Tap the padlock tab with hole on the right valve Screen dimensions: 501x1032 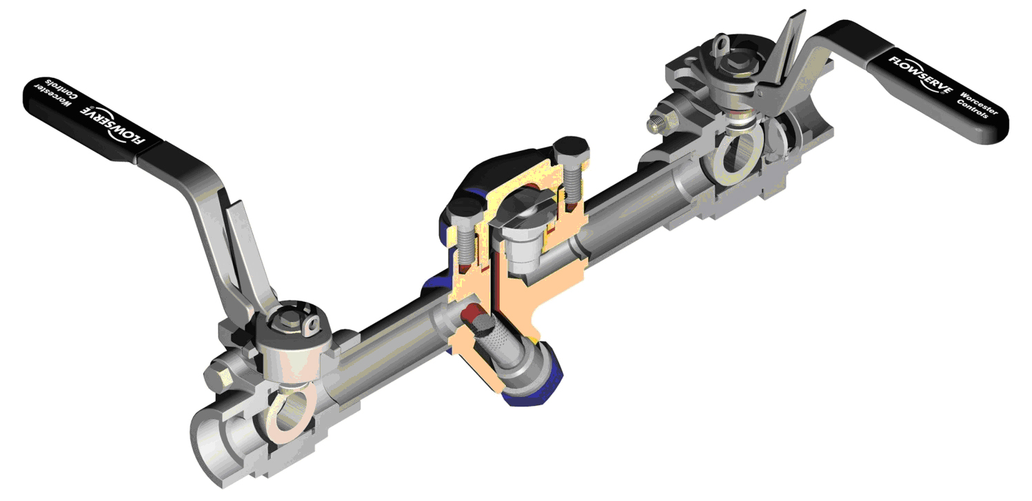720,45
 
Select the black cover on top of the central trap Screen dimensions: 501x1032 503,166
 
